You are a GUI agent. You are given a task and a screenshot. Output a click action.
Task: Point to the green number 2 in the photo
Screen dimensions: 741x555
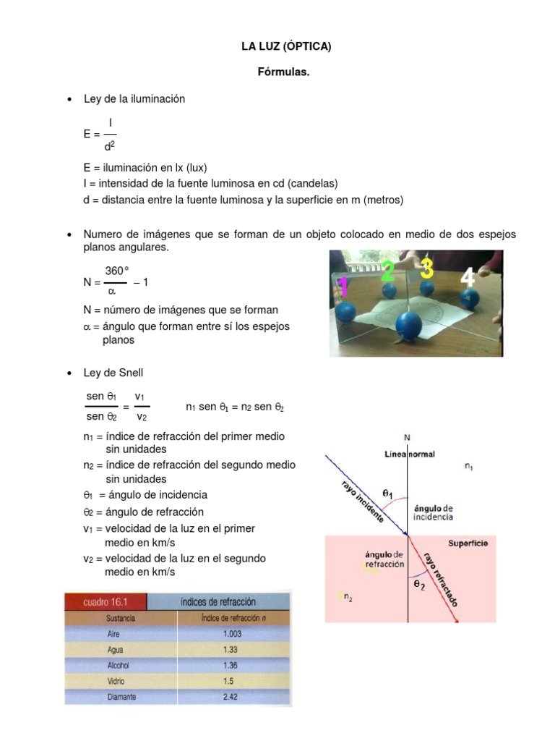(x=388, y=271)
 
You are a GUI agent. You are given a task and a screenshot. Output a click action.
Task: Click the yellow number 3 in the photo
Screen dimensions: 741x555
(x=427, y=268)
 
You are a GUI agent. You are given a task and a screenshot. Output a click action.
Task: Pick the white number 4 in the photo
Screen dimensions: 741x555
(x=468, y=277)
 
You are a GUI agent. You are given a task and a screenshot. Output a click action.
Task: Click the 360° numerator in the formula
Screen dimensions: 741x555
(x=116, y=271)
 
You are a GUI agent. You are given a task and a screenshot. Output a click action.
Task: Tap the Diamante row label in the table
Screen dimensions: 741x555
(x=122, y=698)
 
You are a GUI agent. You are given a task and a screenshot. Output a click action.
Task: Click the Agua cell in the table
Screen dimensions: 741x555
(x=116, y=649)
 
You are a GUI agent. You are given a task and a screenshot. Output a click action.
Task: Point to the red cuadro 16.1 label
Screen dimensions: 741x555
(x=105, y=601)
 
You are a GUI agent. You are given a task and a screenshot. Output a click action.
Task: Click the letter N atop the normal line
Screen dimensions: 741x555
(x=408, y=437)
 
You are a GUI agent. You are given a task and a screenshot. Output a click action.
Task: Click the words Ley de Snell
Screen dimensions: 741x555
(x=113, y=373)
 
